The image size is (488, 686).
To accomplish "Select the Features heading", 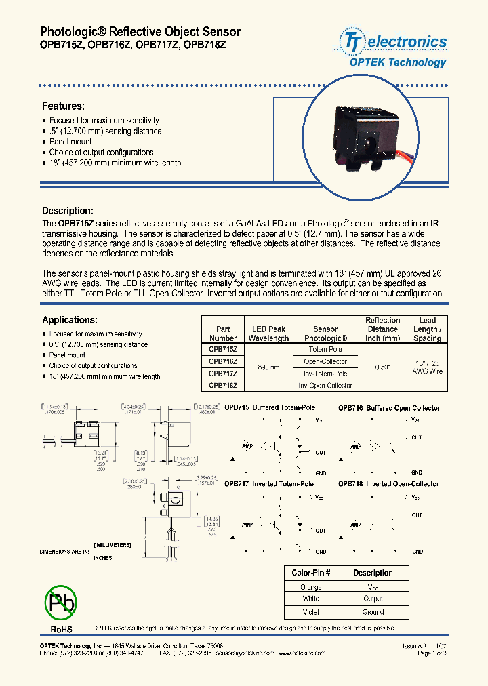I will pyautogui.click(x=63, y=106).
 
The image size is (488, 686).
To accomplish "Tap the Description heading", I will pyautogui.click(x=67, y=211).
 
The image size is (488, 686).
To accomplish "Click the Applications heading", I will pyautogui.click(x=70, y=320).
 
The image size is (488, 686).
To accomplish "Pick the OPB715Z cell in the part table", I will pyautogui.click(x=222, y=349).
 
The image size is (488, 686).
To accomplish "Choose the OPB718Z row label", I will pyautogui.click(x=222, y=385).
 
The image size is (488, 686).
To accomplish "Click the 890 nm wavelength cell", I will pyautogui.click(x=268, y=367).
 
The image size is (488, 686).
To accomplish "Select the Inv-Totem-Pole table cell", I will pyautogui.click(x=325, y=374).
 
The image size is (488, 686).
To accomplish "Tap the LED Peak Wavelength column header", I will pyautogui.click(x=268, y=334).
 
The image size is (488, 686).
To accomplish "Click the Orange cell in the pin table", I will pyautogui.click(x=311, y=587).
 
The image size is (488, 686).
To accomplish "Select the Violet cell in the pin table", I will pyautogui.click(x=311, y=611).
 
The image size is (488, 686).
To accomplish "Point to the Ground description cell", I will pyautogui.click(x=373, y=611).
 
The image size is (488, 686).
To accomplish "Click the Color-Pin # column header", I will pyautogui.click(x=311, y=573).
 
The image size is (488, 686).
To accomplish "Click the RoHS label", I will pyautogui.click(x=61, y=630).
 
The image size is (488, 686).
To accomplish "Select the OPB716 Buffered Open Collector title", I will pyautogui.click(x=389, y=408).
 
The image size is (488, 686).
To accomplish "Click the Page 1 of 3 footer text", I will pyautogui.click(x=432, y=653).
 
